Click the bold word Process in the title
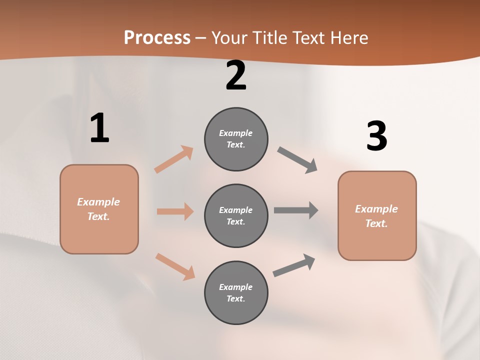157,38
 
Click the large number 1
99,128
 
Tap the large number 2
236,75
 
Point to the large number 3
376,136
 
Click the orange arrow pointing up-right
173,159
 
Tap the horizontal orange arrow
175,211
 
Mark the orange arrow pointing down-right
175,266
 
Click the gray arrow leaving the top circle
297,160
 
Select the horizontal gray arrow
295,210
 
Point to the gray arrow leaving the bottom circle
294,265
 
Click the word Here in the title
348,38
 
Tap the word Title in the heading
270,38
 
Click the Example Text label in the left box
98,209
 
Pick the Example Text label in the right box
376,216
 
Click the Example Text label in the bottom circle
236,292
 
